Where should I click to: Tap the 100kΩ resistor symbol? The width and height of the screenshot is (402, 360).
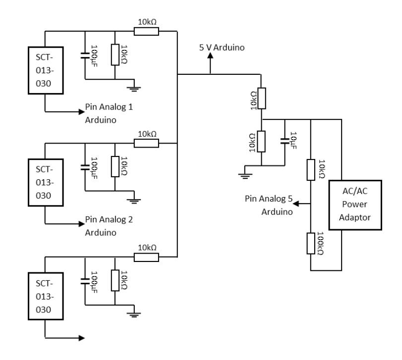pos(311,243)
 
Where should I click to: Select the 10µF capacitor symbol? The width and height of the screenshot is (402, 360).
pos(285,141)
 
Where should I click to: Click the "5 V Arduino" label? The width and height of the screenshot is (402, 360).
pos(222,48)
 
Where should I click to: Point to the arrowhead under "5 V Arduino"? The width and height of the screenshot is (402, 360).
pos(210,55)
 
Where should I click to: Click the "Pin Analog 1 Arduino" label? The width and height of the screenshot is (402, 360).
pos(109,113)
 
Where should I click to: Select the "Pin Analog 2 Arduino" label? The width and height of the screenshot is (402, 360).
pos(109,226)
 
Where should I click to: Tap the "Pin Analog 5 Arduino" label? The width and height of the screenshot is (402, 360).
pos(269,205)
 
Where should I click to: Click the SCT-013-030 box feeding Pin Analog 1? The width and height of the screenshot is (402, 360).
pos(46,70)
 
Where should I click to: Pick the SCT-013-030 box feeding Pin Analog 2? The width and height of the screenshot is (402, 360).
pos(46,183)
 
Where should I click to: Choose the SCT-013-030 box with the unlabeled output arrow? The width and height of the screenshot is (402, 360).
pos(46,296)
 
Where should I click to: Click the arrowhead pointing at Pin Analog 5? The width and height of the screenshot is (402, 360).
pos(296,204)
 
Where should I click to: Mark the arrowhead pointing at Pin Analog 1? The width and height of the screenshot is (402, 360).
pos(81,111)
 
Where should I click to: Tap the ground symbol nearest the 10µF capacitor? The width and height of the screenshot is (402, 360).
pos(245,176)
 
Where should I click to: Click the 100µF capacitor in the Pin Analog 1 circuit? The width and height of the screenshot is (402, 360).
pos(85,55)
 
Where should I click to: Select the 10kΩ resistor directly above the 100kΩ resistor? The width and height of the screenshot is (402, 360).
pos(311,170)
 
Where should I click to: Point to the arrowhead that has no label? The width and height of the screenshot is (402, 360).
pos(81,338)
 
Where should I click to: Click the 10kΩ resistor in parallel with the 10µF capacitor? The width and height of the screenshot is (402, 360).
pos(261,141)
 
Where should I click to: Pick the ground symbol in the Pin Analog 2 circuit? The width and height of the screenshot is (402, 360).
pos(134,201)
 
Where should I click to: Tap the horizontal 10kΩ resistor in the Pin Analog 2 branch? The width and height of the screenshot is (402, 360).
pos(146,143)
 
